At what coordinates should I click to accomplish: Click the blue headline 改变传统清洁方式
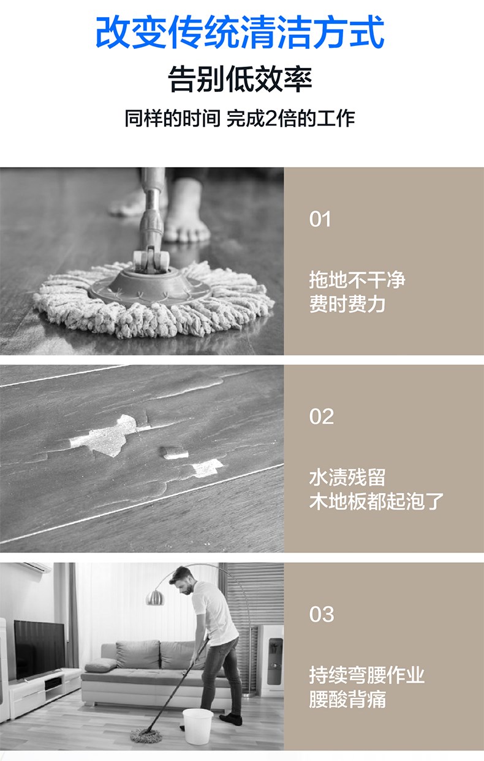[240, 33]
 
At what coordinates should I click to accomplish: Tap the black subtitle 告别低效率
[240, 79]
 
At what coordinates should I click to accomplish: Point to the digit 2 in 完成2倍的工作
[271, 119]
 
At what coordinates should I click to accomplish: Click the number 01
[320, 220]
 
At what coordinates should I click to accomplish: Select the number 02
[322, 417]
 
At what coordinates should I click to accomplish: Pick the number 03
[322, 614]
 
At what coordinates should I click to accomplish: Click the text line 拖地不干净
[357, 280]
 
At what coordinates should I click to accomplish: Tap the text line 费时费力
[347, 303]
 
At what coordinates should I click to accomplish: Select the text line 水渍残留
[347, 477]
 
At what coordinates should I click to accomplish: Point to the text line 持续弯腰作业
[366, 675]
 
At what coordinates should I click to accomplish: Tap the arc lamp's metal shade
[155, 597]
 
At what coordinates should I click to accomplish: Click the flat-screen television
[39, 650]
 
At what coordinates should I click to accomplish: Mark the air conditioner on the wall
[32, 566]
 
